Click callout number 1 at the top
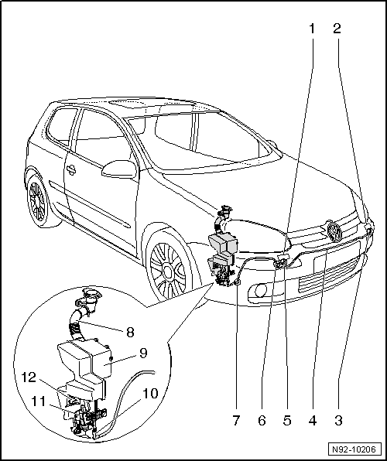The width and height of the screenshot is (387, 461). click(x=312, y=29)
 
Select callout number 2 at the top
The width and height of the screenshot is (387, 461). click(x=337, y=29)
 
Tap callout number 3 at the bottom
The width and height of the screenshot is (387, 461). click(x=337, y=422)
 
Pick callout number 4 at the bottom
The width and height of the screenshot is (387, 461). click(x=312, y=422)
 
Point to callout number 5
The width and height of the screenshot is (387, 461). click(x=286, y=422)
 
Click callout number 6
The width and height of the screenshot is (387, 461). click(x=262, y=422)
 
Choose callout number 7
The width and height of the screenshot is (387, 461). click(x=236, y=422)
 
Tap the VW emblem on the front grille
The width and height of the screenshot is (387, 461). click(x=334, y=230)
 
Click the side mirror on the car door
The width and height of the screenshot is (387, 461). click(x=118, y=169)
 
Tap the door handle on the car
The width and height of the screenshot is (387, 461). click(x=70, y=170)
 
